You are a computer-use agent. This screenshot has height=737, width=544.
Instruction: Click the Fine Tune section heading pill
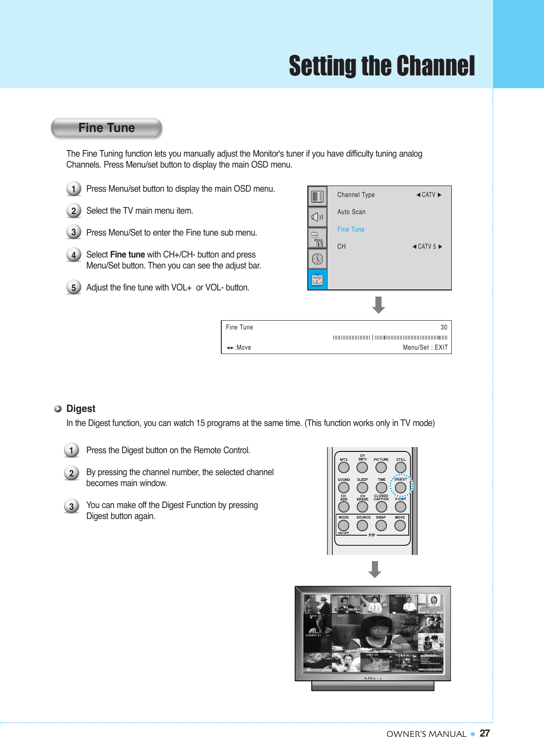tap(107, 128)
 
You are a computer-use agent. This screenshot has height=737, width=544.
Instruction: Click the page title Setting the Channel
tap(382, 66)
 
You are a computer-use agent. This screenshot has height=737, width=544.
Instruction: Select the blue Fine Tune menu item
tap(350, 229)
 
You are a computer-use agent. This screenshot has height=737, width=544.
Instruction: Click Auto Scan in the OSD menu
tap(351, 212)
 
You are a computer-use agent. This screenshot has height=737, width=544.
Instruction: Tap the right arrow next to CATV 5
tap(440, 247)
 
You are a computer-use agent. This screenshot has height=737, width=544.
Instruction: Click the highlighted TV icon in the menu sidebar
tap(317, 280)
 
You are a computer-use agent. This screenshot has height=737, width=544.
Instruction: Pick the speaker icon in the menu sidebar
tap(317, 217)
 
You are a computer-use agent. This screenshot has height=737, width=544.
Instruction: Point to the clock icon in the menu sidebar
tap(317, 259)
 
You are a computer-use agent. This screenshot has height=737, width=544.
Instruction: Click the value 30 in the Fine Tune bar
tap(443, 327)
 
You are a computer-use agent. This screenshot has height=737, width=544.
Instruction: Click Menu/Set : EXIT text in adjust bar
tap(425, 347)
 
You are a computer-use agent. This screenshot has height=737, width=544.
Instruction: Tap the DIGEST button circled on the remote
tap(400, 487)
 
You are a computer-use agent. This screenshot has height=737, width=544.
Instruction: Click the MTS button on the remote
tap(343, 468)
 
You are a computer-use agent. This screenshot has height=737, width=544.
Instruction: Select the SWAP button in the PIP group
tap(381, 525)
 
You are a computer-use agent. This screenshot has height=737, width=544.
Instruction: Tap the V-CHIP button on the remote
tap(400, 507)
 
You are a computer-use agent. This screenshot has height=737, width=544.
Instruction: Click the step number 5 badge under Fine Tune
tap(74, 287)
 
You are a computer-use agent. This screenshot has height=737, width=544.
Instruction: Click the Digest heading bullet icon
tap(58, 409)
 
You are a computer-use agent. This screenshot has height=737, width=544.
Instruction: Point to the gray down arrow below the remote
tap(375, 569)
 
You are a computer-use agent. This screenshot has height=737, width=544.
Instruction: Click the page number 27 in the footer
tap(485, 733)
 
